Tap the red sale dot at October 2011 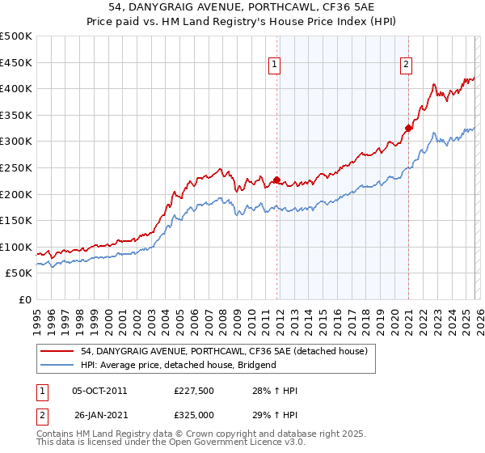(276, 180)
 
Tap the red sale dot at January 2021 (409, 128)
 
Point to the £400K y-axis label (16, 88)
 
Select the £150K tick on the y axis (16, 220)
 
